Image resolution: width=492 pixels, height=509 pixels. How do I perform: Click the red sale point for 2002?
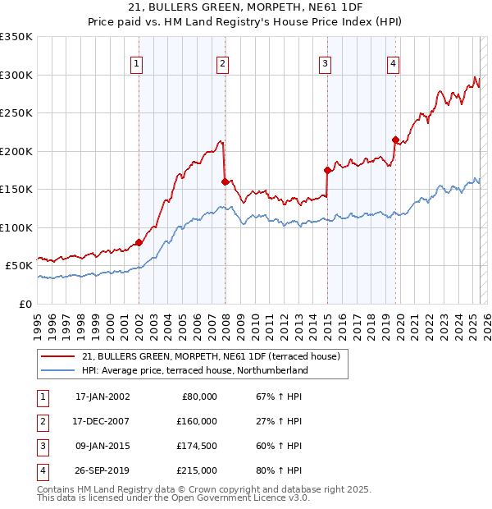click(x=139, y=242)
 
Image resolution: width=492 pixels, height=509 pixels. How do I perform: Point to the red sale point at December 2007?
click(x=225, y=181)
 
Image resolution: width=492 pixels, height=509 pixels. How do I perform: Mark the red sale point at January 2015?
click(x=327, y=171)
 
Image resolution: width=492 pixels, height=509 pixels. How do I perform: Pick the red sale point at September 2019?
click(x=395, y=140)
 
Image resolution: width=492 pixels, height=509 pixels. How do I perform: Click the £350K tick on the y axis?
click(x=16, y=37)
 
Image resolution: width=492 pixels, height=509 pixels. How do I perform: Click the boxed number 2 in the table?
click(x=42, y=421)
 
